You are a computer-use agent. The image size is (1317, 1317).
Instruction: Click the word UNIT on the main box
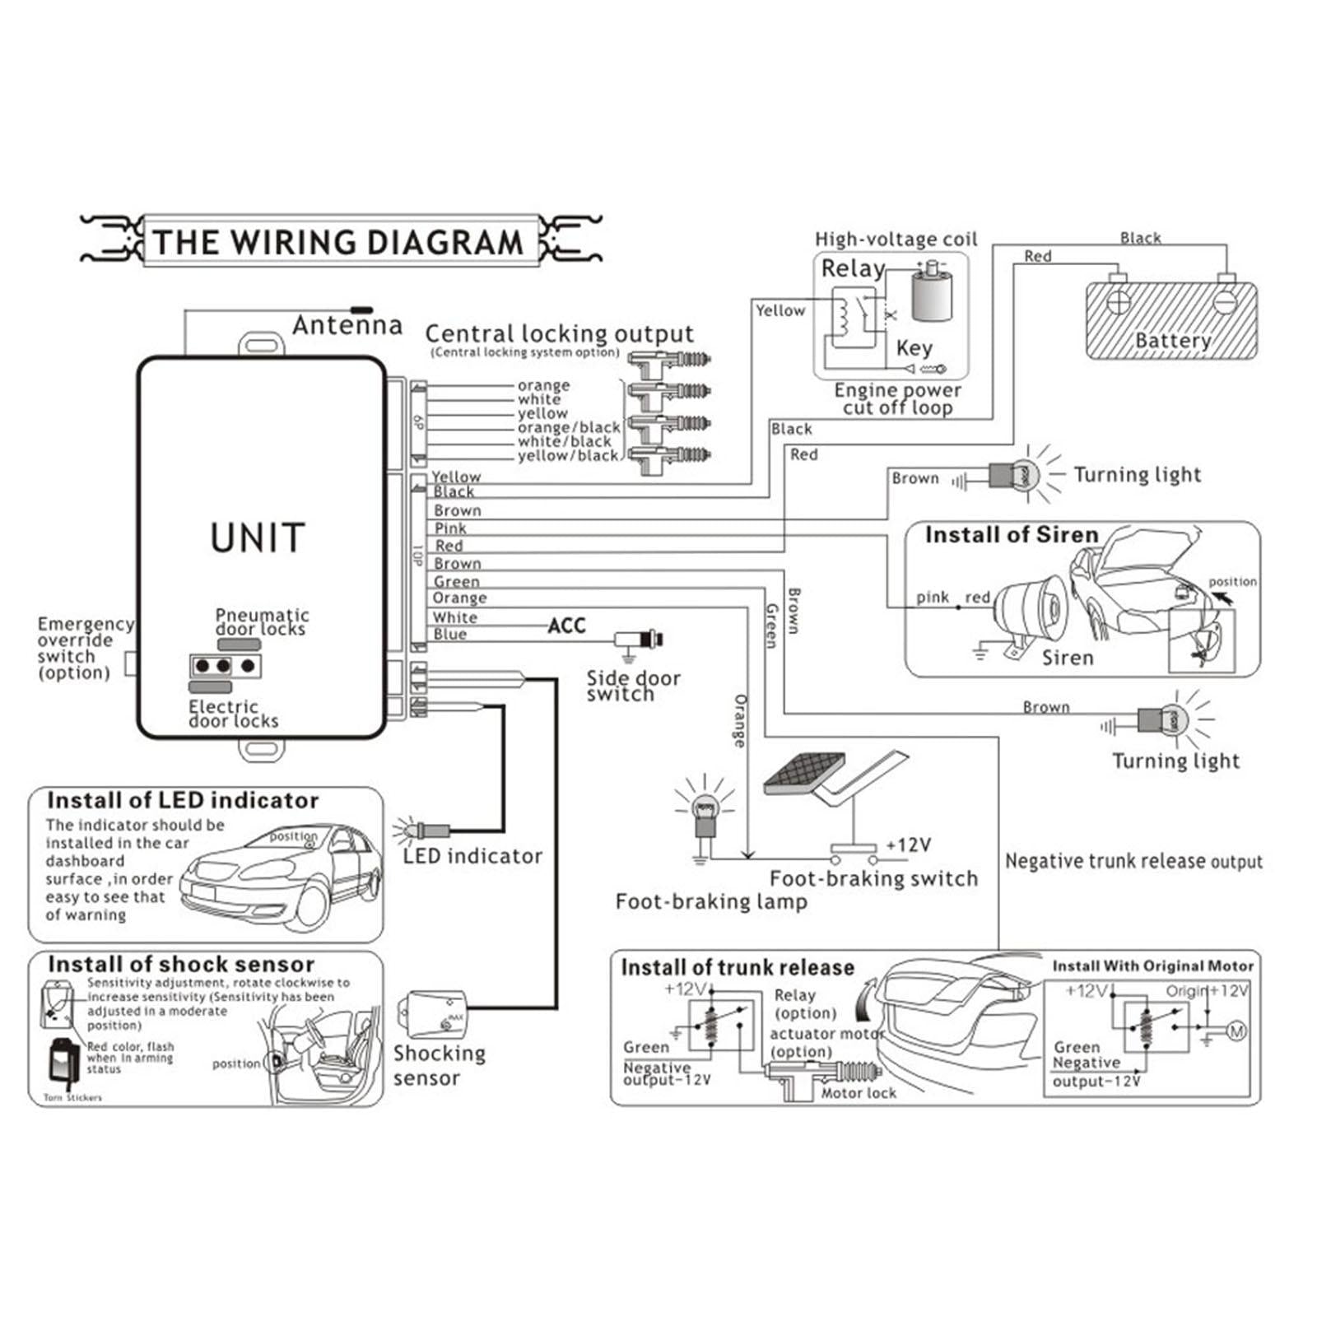tap(258, 538)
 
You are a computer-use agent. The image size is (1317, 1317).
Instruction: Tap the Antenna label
tap(347, 326)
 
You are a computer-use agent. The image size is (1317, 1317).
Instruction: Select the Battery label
tap(1172, 341)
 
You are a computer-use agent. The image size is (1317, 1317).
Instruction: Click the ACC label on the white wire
tap(567, 626)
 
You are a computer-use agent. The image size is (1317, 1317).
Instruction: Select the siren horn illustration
tap(1033, 611)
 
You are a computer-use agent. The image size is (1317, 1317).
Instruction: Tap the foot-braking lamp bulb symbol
tap(704, 812)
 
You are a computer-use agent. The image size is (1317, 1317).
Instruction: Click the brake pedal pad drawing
tap(803, 775)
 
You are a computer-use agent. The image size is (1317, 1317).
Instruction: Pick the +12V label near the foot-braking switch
tap(908, 845)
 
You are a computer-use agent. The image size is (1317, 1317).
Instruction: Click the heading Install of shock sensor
tap(181, 964)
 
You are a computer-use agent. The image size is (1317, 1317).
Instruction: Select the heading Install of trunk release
tap(738, 967)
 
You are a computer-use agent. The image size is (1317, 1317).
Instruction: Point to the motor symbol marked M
tap(1236, 1031)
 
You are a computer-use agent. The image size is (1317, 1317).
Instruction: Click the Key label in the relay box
tap(914, 347)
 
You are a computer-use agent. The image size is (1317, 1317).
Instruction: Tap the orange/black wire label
tap(569, 427)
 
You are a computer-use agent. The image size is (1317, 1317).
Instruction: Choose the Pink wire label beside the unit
tap(450, 528)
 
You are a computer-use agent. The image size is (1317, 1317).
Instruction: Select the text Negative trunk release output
tap(1133, 862)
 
